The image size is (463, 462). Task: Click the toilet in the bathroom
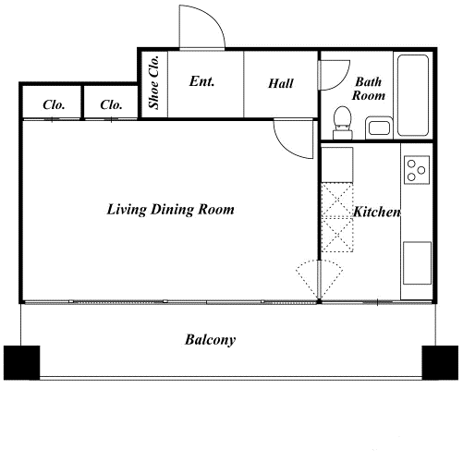(x=343, y=123)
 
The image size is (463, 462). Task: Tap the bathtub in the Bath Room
(x=413, y=95)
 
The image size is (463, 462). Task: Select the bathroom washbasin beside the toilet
(x=379, y=128)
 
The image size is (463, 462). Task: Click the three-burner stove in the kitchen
(x=417, y=170)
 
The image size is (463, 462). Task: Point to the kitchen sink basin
(x=417, y=262)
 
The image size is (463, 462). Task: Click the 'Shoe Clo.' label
(x=153, y=82)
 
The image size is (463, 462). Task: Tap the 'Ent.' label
(x=201, y=81)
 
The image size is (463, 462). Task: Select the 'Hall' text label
(x=281, y=83)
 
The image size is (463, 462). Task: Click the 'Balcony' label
(x=211, y=340)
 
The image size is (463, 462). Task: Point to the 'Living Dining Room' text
(x=170, y=210)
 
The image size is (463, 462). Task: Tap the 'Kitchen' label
(x=377, y=212)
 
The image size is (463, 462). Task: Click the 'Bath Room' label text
(x=369, y=89)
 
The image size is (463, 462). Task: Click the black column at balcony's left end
(x=21, y=362)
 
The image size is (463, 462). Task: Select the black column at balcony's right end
(x=440, y=362)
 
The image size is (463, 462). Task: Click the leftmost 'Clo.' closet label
(x=54, y=105)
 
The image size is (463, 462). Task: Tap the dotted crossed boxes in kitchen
(x=337, y=218)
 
